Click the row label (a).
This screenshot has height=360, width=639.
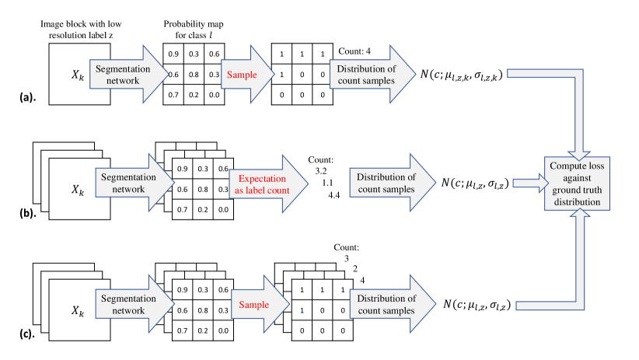click(x=28, y=97)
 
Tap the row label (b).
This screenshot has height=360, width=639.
click(x=28, y=212)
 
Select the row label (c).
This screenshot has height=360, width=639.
click(x=27, y=334)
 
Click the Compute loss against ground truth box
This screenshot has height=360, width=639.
click(x=577, y=183)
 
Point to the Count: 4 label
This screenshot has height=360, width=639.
click(x=354, y=51)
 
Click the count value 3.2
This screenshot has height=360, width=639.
click(x=321, y=171)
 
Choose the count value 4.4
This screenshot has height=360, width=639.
click(x=333, y=195)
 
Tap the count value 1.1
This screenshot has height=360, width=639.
click(x=327, y=183)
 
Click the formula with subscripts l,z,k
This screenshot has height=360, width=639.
click(x=461, y=75)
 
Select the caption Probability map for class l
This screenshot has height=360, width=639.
click(x=194, y=30)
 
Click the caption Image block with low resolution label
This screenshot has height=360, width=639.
click(x=81, y=30)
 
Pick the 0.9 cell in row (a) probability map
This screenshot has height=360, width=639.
click(x=173, y=54)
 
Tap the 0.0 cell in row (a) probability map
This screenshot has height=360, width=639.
click(x=215, y=95)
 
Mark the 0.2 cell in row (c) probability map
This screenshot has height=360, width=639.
click(x=203, y=330)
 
